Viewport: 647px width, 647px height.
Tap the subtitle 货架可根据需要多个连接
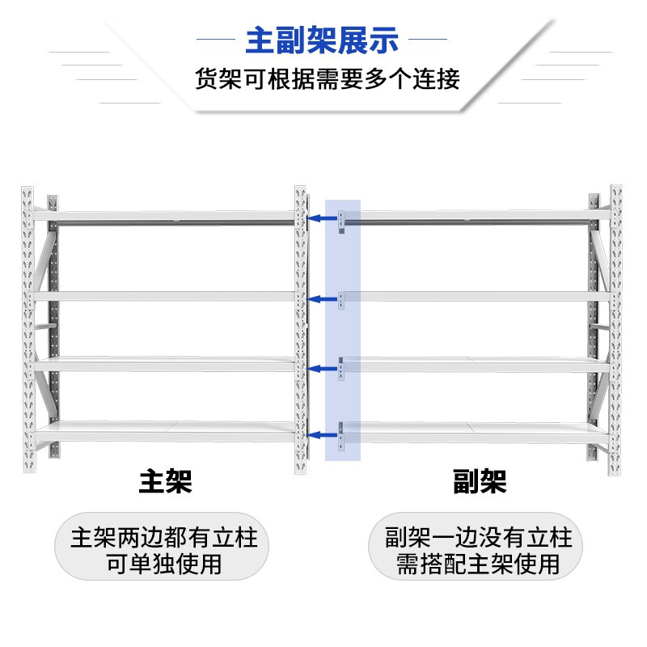327,79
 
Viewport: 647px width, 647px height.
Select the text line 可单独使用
164,564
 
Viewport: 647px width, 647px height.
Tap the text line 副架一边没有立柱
478,538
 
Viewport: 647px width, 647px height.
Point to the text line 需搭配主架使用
478,564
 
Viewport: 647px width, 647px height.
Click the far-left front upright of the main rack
28,332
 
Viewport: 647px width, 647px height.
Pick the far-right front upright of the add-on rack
616,332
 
